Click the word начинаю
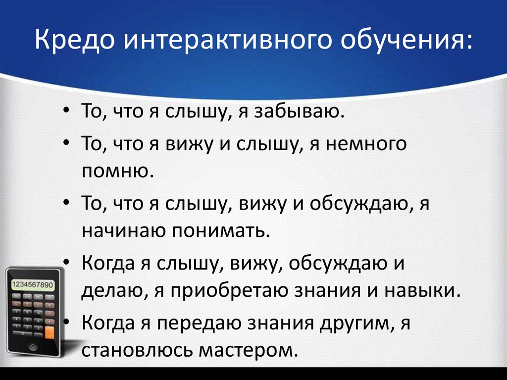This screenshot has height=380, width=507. coord(123,231)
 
